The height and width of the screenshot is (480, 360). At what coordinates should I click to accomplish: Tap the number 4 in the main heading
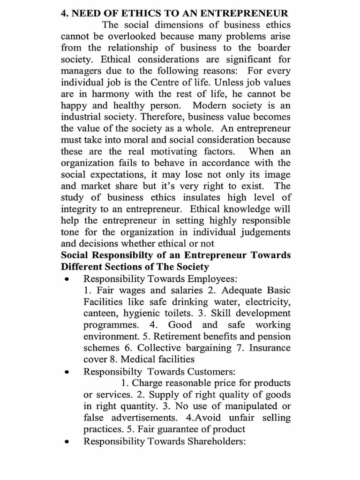[x=64, y=13]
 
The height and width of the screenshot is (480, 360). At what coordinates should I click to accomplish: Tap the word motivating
[x=181, y=151]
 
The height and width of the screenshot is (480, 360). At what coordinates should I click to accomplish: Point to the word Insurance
[x=270, y=348]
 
